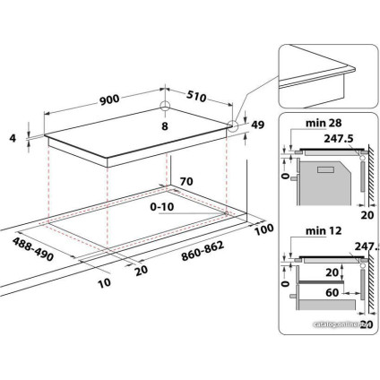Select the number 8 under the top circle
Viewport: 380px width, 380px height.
164,126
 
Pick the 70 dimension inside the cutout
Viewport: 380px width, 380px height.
186,182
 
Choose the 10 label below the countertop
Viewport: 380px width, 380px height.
107,284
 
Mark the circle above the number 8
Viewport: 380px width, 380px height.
165,108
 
